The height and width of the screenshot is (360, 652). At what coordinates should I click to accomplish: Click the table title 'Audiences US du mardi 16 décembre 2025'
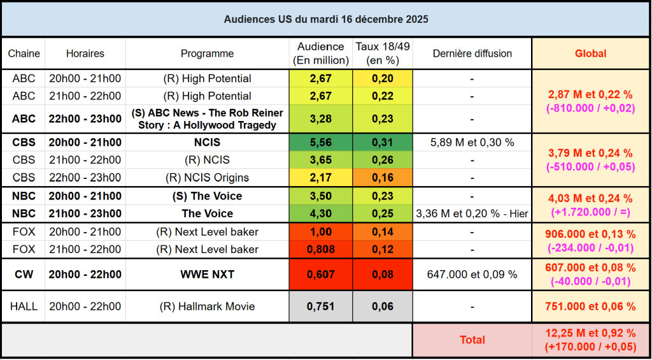(x=325, y=19)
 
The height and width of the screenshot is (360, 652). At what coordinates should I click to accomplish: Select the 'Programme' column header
(x=207, y=54)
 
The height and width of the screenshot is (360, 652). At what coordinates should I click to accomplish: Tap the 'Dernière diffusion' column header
(x=472, y=54)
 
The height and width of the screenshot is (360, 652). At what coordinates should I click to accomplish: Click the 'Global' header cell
(x=590, y=54)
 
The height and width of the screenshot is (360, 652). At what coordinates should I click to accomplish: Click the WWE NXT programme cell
(x=207, y=275)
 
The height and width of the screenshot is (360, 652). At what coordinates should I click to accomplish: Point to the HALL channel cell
(x=24, y=306)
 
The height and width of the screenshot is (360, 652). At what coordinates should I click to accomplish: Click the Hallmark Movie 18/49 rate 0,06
(x=383, y=306)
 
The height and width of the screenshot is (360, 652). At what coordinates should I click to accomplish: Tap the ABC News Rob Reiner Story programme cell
(x=207, y=119)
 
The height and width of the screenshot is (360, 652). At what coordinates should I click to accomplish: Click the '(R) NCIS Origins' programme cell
(x=207, y=177)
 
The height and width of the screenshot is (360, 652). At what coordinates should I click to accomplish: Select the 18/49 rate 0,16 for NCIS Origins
(x=383, y=177)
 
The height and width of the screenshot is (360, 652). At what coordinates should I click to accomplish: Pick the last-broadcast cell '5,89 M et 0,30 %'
(x=472, y=143)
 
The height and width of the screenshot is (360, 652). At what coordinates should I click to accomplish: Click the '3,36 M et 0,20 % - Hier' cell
(x=472, y=213)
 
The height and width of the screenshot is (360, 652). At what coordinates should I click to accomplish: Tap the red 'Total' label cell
(x=472, y=340)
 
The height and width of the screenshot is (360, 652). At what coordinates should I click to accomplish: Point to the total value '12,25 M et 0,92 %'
(x=590, y=333)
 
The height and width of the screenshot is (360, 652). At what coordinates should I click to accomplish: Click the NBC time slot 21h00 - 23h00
(x=85, y=213)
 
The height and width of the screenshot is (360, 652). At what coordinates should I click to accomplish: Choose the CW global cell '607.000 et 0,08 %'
(x=590, y=268)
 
